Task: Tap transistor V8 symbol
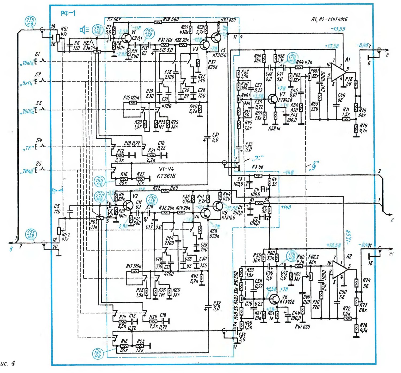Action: pyautogui.click(x=274, y=299)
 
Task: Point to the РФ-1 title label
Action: pyautogui.click(x=68, y=13)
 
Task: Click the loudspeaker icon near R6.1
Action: pyautogui.click(x=84, y=30)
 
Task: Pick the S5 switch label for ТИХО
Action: pyautogui.click(x=39, y=164)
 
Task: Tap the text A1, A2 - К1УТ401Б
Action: pyautogui.click(x=329, y=20)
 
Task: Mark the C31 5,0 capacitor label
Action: pyautogui.click(x=215, y=137)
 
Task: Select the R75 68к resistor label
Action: pyautogui.click(x=363, y=113)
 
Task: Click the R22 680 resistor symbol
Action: pyautogui.click(x=165, y=191)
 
